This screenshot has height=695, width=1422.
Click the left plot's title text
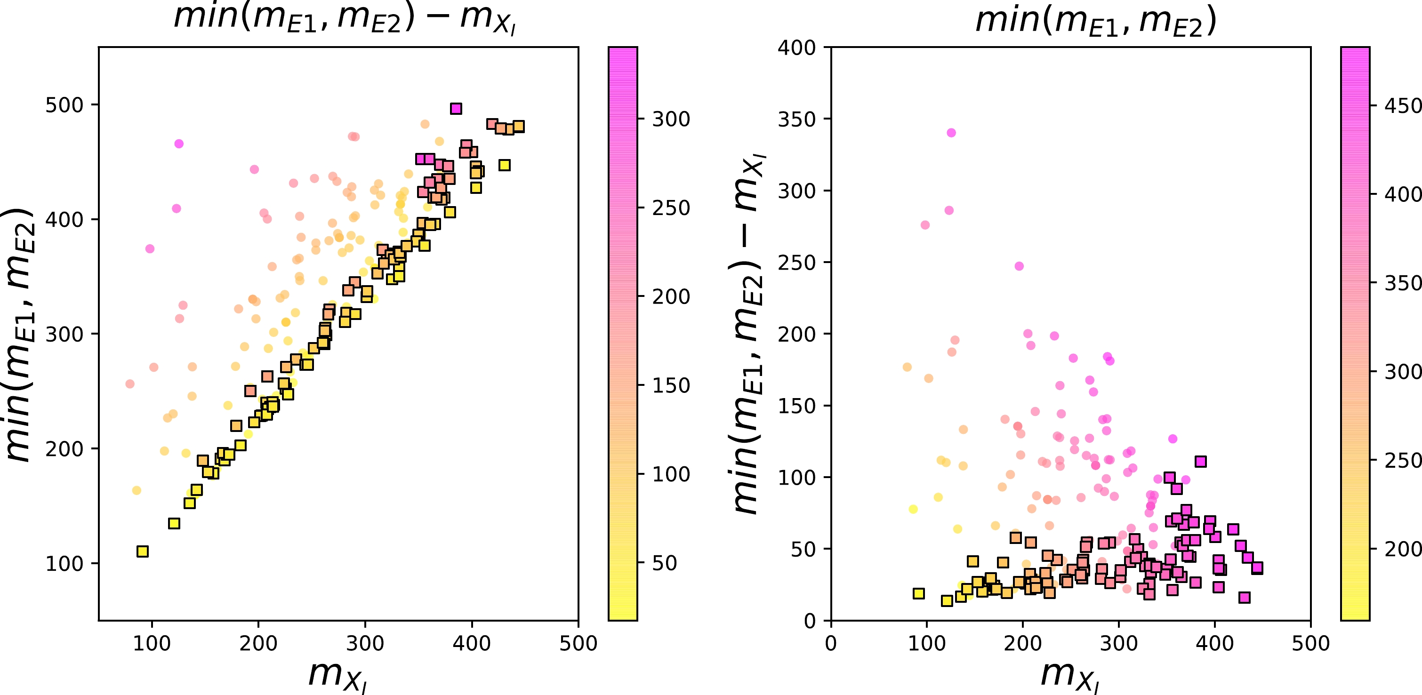pos(345,18)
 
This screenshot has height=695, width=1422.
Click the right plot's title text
pos(1096,21)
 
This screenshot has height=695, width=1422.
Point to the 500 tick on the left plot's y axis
pos(64,105)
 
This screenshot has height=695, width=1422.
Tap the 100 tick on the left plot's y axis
pos(64,564)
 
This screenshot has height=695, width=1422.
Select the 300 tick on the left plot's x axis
pos(365,644)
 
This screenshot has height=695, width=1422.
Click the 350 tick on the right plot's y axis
pos(796,119)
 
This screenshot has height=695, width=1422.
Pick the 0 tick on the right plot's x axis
pos(831,644)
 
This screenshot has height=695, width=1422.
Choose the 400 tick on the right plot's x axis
pos(1214,644)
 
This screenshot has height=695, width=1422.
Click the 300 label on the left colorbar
pos(671,119)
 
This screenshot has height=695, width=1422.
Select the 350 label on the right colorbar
pos(1403,283)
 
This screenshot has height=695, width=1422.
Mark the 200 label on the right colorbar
pos(1403,549)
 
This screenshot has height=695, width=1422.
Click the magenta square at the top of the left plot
pos(456,109)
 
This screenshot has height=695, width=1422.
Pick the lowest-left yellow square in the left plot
pos(143,551)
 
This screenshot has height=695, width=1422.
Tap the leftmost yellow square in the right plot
pos(918,593)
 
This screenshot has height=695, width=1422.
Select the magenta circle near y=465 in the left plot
pos(179,144)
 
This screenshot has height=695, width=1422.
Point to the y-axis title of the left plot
pos(20,334)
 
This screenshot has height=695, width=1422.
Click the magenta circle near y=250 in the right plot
pos(1019,266)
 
